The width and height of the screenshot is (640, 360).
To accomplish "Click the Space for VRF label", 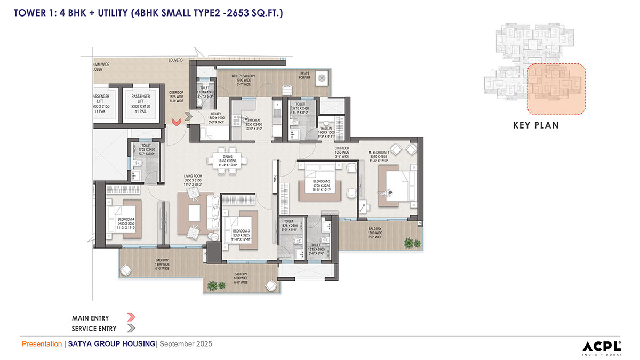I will click(305, 75).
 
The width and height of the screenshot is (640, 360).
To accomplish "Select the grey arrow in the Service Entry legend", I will click(131, 328).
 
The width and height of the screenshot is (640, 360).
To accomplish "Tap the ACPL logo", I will click(601, 345).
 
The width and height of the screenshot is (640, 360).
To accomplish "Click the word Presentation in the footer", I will click(42, 344).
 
